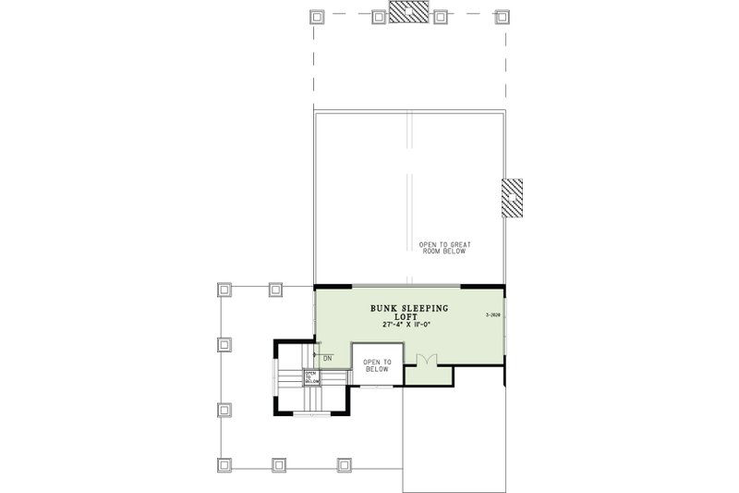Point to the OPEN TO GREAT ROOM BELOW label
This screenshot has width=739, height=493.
point(444,247)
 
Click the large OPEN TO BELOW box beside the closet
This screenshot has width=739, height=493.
point(378,365)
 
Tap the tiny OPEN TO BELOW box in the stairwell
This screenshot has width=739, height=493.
point(311,376)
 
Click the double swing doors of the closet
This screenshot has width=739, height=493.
point(426,359)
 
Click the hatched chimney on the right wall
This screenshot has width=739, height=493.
point(512,197)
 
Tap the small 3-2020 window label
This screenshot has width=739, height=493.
point(491,315)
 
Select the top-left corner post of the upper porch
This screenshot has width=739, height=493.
point(315,16)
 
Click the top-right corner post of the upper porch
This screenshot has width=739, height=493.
point(502,16)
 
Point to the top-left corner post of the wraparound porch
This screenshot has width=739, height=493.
point(223,290)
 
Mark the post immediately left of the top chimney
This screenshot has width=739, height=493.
point(378,16)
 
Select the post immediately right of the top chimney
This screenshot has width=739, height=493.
point(440,16)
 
